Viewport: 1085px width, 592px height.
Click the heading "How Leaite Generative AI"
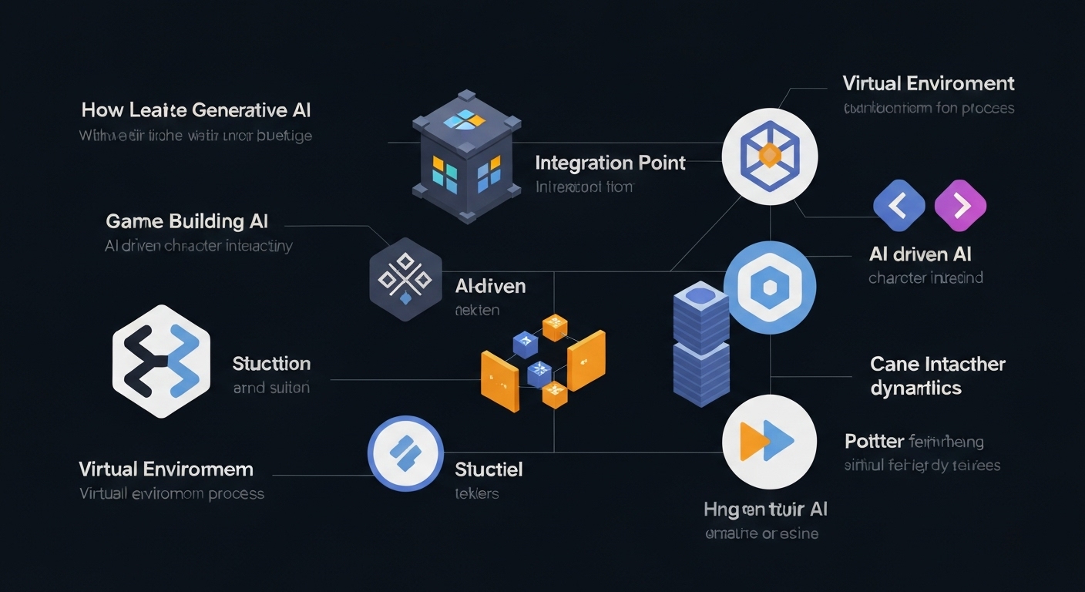click(x=196, y=110)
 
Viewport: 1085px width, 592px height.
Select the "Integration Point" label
click(x=610, y=163)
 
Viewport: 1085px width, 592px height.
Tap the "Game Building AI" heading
click(x=186, y=222)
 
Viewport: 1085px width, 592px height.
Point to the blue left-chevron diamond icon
click(x=899, y=206)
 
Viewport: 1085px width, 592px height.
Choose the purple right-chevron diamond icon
click(x=960, y=206)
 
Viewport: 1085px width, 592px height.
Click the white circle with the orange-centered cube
click(x=769, y=156)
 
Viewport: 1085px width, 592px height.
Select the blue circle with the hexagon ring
click(x=769, y=288)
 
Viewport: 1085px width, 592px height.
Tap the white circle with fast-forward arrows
click(x=768, y=442)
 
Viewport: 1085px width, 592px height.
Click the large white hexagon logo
click(x=161, y=361)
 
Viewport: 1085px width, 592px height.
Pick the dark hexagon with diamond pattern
click(x=405, y=278)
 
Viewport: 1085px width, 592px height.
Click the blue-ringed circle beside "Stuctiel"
click(x=405, y=453)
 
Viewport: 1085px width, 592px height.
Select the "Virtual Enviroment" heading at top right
click(x=928, y=83)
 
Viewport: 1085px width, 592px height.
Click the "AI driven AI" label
click(x=919, y=254)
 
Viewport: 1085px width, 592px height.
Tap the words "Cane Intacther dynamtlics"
click(x=937, y=375)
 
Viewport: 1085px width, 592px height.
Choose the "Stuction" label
click(x=271, y=364)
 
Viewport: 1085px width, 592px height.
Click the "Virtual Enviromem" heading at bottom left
click(x=166, y=469)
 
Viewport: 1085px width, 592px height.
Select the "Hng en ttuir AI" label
click(x=765, y=509)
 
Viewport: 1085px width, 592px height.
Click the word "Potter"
click(x=874, y=442)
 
